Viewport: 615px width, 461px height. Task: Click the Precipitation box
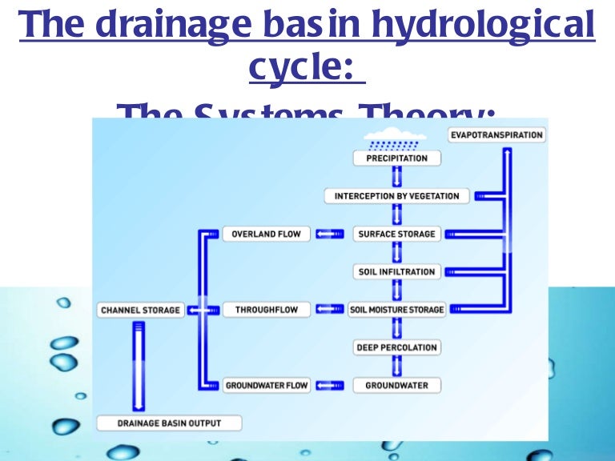(396, 158)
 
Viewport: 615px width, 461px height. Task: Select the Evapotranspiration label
(496, 134)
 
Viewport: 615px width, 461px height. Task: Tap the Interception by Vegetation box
(396, 196)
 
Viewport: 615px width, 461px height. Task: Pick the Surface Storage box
(396, 234)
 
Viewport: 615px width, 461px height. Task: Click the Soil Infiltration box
(396, 272)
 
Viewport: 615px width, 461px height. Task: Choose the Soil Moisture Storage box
(396, 310)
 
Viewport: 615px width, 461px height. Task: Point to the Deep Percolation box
(396, 347)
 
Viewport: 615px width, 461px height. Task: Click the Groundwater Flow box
(267, 385)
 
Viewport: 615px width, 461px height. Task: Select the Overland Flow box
(267, 234)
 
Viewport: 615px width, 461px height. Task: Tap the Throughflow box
(267, 310)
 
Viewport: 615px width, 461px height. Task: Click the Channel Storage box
(140, 310)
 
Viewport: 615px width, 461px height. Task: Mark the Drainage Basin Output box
(169, 423)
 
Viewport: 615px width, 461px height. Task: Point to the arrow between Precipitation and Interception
(396, 177)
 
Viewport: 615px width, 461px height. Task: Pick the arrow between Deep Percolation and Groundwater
(396, 366)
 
